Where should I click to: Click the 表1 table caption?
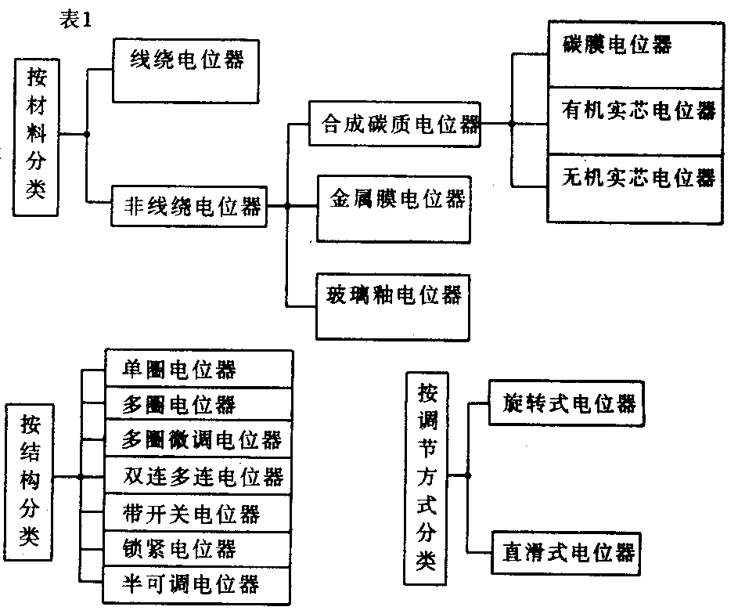76,21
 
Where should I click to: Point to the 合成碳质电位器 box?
394,124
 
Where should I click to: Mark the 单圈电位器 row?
198,367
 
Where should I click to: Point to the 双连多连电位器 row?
198,476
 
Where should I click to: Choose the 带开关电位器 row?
198,513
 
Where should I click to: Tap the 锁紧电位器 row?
198,548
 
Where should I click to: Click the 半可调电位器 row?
198,584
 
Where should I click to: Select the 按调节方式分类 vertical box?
427,477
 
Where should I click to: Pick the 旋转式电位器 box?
567,405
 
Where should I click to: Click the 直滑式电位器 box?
567,553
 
